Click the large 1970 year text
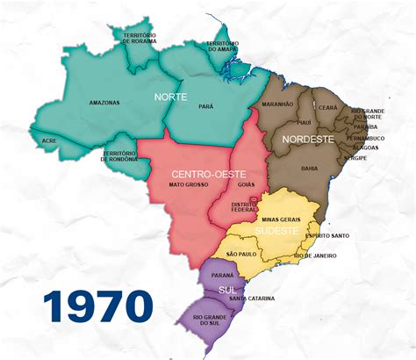[97, 306]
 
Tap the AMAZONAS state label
[104, 103]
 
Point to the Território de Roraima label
[138, 36]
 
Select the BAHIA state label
[309, 167]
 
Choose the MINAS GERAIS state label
[282, 218]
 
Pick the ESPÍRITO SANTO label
[329, 235]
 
